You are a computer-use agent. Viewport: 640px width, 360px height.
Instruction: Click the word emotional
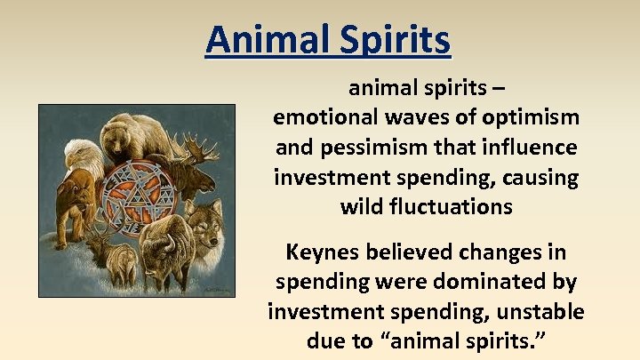click(x=324, y=117)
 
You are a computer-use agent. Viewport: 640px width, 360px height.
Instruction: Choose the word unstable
click(x=537, y=313)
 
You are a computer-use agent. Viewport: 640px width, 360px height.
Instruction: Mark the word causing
click(x=541, y=178)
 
